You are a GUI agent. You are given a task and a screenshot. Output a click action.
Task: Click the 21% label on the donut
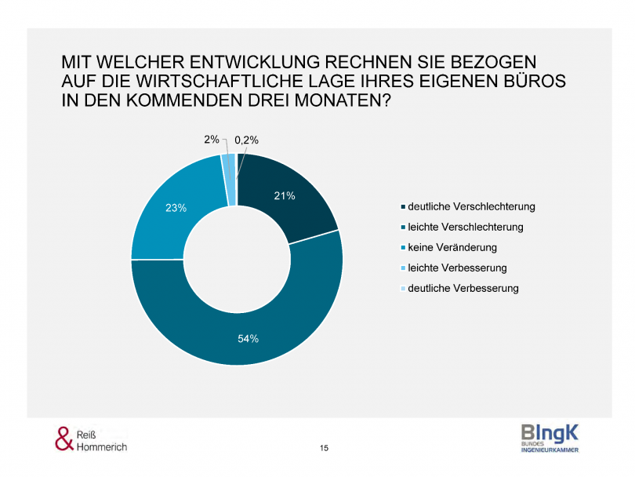coord(285,196)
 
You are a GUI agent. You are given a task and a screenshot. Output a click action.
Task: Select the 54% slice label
coord(248,338)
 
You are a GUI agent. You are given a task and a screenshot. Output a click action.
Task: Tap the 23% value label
coord(176,208)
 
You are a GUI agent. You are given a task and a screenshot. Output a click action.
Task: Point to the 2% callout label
coord(212,140)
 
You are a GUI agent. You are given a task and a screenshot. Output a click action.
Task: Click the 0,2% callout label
coord(246,140)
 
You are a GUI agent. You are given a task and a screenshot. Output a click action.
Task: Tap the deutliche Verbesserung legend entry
coord(463,289)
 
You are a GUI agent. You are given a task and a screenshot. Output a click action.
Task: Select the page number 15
coord(325,448)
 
